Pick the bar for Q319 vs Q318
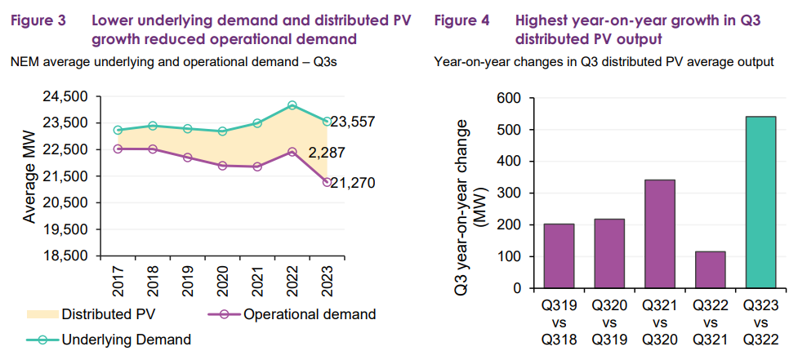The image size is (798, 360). [559, 256]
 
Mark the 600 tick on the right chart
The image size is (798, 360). [510, 98]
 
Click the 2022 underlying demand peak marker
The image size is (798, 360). [292, 105]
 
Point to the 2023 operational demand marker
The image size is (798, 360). [327, 182]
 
